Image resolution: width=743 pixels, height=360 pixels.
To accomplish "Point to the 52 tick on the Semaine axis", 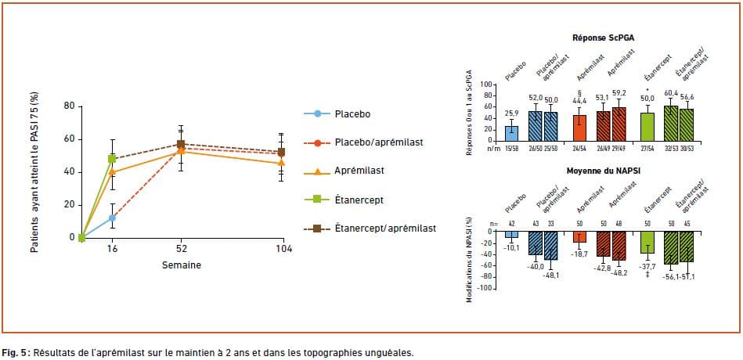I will pos(181,249).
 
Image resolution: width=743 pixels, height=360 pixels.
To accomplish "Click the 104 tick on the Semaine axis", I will pos(283,249).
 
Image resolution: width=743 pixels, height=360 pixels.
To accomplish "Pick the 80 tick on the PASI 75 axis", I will pos(69,106).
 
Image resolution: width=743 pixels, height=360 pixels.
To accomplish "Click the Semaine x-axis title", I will pos(181,265).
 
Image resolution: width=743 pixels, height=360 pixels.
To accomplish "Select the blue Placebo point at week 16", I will pos(112,218).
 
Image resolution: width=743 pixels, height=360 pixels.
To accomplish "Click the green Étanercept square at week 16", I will pos(112,159).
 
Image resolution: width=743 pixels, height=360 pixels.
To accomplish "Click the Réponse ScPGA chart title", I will pos(604,38).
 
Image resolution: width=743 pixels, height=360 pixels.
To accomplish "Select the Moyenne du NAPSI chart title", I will pos(604,171).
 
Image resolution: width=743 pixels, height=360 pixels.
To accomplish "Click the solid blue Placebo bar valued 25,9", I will pos(511,132).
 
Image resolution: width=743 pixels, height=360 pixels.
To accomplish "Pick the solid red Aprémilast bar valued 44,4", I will pos(580,127).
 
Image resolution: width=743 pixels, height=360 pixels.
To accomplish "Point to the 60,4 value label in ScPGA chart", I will pos(669,94).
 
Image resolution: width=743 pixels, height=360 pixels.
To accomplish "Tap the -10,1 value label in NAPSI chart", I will pos(511,247).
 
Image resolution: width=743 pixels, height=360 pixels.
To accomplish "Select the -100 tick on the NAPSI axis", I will pos(488,289).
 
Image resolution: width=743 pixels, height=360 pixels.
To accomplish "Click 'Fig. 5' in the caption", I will pos(15,352).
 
